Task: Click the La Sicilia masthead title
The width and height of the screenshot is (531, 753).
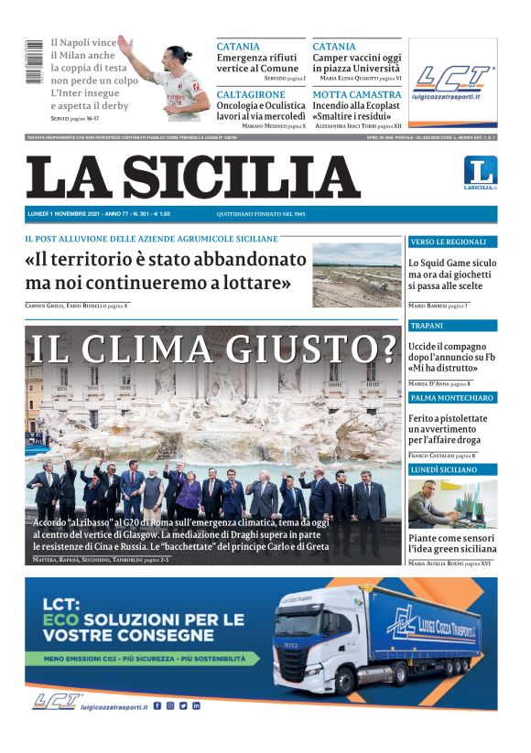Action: [x=193, y=177]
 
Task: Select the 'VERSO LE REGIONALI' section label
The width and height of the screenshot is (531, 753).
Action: [x=448, y=242]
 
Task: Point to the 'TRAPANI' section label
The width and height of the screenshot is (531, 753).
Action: [x=428, y=326]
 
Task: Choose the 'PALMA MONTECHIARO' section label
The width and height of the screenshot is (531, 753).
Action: [x=451, y=398]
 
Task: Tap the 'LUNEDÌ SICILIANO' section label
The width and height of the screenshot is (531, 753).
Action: [x=444, y=469]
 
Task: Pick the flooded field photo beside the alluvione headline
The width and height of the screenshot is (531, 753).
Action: [x=356, y=274]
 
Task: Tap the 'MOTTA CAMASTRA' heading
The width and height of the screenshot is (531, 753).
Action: [x=356, y=94]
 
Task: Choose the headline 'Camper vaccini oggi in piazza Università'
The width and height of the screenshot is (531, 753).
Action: [x=356, y=62]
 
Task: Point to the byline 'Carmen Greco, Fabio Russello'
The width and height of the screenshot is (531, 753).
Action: [x=64, y=305]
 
